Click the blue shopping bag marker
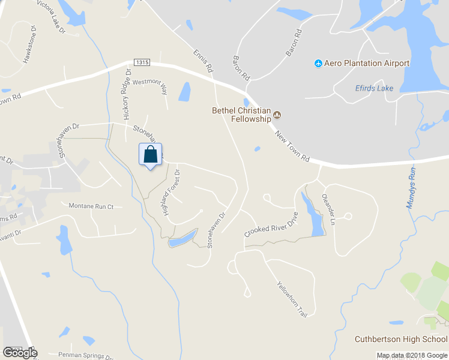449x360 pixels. pyautogui.click(x=151, y=155)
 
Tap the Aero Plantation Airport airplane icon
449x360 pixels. pyautogui.click(x=318, y=64)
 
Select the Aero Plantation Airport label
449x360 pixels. pyautogui.click(x=367, y=64)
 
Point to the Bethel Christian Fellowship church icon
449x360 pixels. pyautogui.click(x=277, y=115)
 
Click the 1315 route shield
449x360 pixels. pyautogui.click(x=142, y=62)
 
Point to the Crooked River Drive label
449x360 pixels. pyautogui.click(x=271, y=227)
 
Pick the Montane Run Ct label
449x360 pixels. pyautogui.click(x=91, y=206)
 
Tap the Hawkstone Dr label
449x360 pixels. pyautogui.click(x=29, y=44)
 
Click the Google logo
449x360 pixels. pyautogui.click(x=19, y=352)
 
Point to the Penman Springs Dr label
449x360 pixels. pyautogui.click(x=83, y=355)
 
